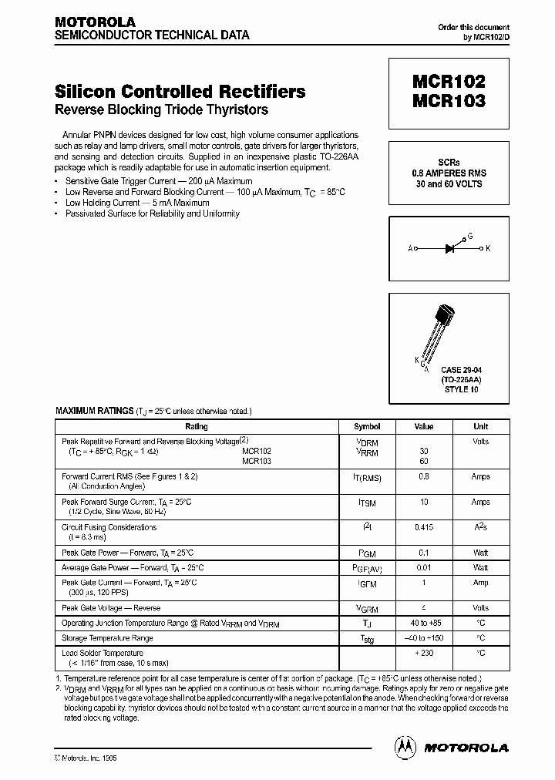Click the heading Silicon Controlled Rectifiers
180,92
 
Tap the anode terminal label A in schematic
410,249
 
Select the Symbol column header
367,426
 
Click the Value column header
424,426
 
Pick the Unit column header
480,426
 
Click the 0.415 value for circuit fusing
424,528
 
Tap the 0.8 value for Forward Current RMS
424,477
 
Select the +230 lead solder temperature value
424,654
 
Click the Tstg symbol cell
367,639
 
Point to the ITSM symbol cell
367,503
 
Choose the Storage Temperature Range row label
107,638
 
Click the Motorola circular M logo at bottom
405,747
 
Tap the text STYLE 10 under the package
461,389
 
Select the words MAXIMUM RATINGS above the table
94,412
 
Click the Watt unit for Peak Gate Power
480,553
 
